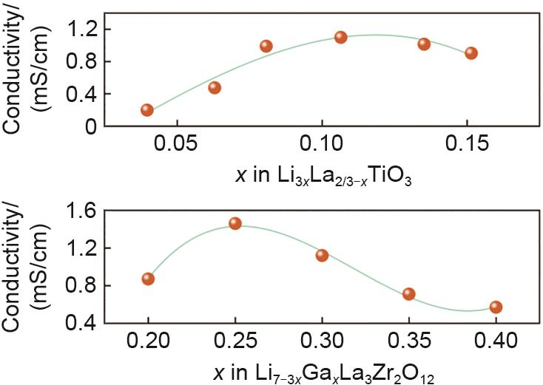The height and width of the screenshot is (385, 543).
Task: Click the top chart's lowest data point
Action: [x=146, y=110]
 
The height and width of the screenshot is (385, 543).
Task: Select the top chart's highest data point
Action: [x=340, y=37]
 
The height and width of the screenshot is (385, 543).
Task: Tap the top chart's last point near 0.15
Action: [x=471, y=53]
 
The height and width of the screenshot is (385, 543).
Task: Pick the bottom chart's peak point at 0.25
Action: [x=235, y=223]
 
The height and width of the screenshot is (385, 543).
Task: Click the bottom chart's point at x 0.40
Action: [x=496, y=307]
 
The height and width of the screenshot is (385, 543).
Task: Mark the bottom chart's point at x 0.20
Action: [x=148, y=279]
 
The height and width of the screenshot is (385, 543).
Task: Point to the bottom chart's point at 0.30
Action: [x=322, y=255]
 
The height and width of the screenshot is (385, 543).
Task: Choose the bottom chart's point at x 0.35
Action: [x=409, y=294]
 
